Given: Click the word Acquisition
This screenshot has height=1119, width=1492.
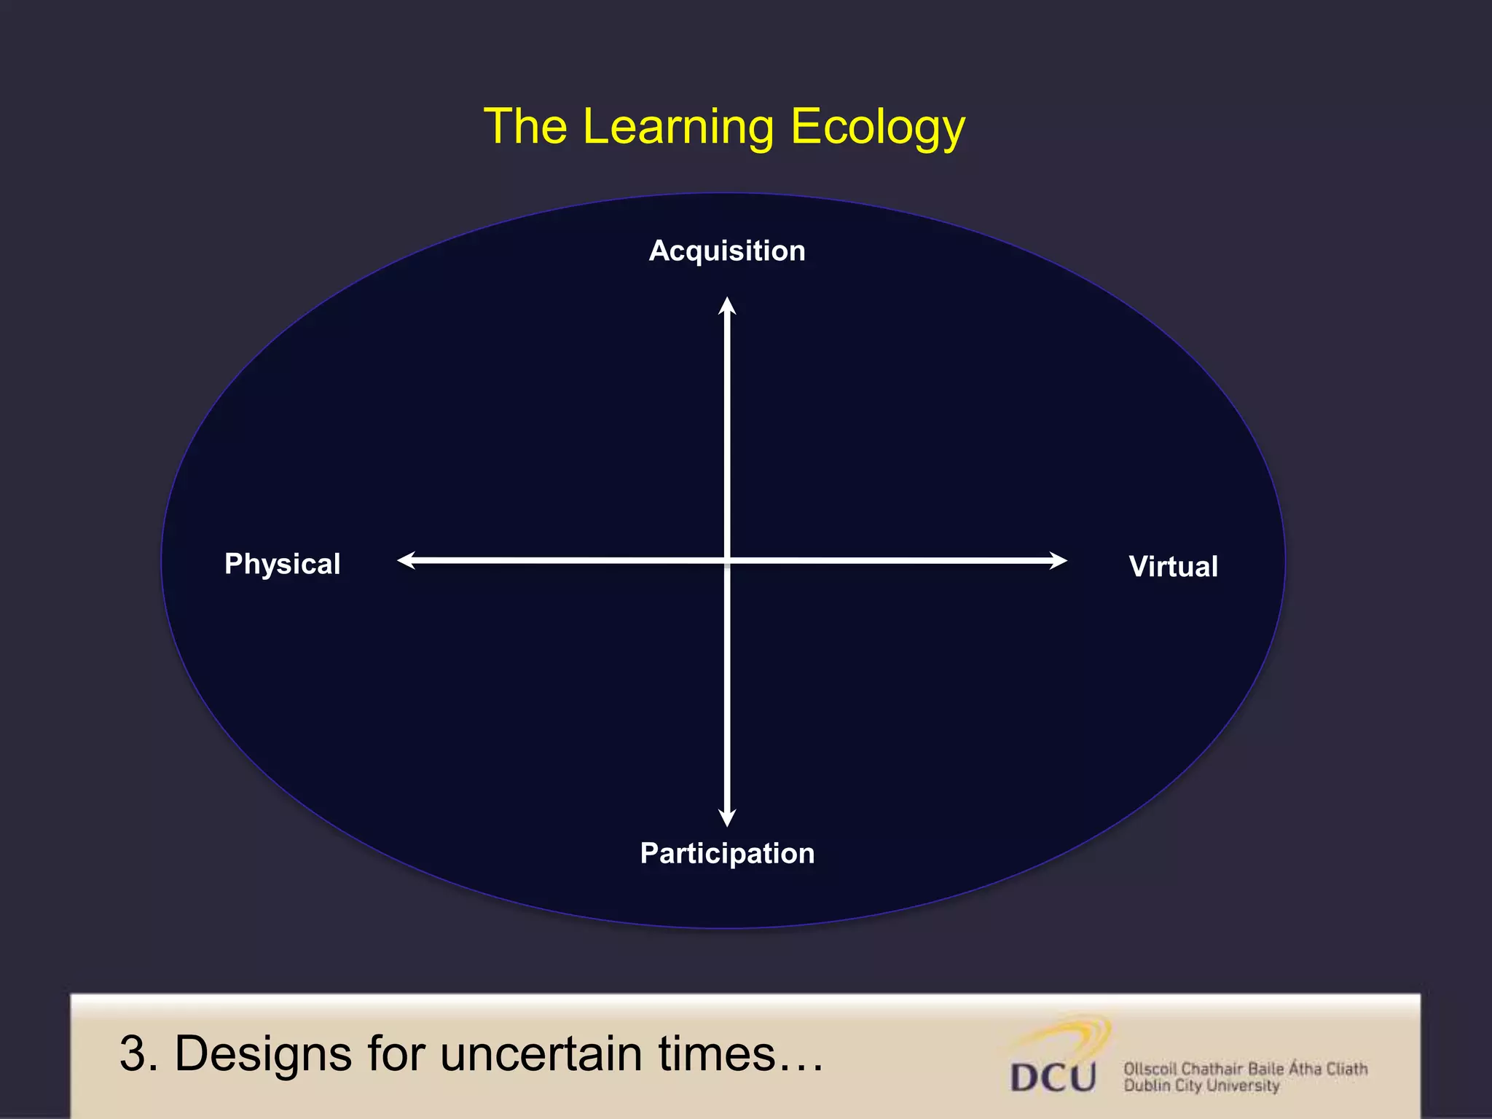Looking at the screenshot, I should [727, 251].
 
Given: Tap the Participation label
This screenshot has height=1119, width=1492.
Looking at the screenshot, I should [727, 853].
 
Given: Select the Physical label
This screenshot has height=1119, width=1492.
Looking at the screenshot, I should [282, 564].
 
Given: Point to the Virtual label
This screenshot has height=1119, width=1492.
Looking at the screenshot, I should [1173, 567].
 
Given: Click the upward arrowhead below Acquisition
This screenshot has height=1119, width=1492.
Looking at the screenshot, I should [727, 306].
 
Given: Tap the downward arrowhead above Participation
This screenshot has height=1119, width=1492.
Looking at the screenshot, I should [727, 817].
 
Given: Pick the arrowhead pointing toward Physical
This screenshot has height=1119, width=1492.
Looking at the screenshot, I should [407, 560].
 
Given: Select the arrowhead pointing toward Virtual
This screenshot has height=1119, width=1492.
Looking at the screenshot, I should [1058, 560].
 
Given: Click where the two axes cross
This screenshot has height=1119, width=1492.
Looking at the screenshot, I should [727, 560].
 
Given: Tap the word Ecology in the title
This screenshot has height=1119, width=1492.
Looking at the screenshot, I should [878, 127].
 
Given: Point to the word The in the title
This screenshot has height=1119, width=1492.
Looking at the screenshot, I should [525, 127].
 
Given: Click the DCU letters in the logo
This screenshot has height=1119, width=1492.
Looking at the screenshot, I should [1053, 1077].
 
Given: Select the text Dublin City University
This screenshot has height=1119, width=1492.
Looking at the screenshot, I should [1201, 1086].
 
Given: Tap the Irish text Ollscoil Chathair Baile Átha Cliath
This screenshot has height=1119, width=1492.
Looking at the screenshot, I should [1245, 1069].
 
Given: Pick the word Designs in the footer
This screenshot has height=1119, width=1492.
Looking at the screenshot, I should [263, 1054].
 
